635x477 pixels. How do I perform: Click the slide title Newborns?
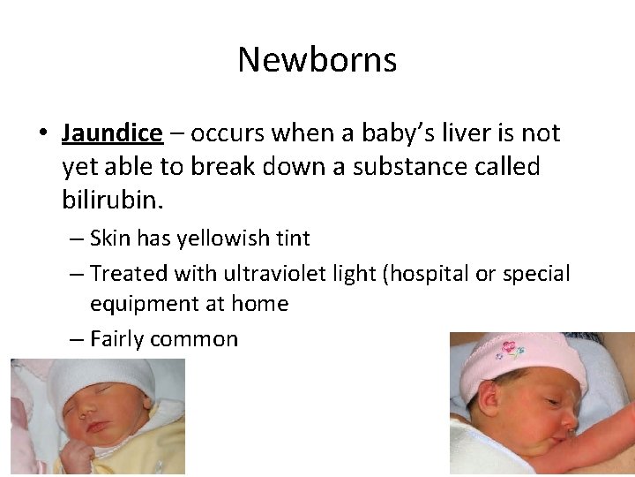click(317, 60)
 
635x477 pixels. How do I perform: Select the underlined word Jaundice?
click(112, 133)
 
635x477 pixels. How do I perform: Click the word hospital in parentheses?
click(425, 274)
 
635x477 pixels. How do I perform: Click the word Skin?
click(110, 238)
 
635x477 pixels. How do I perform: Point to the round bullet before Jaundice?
click(42, 134)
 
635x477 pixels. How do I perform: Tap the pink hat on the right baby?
click(520, 362)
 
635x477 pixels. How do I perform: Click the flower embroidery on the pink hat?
click(509, 352)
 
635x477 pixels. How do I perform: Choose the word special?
click(536, 274)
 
